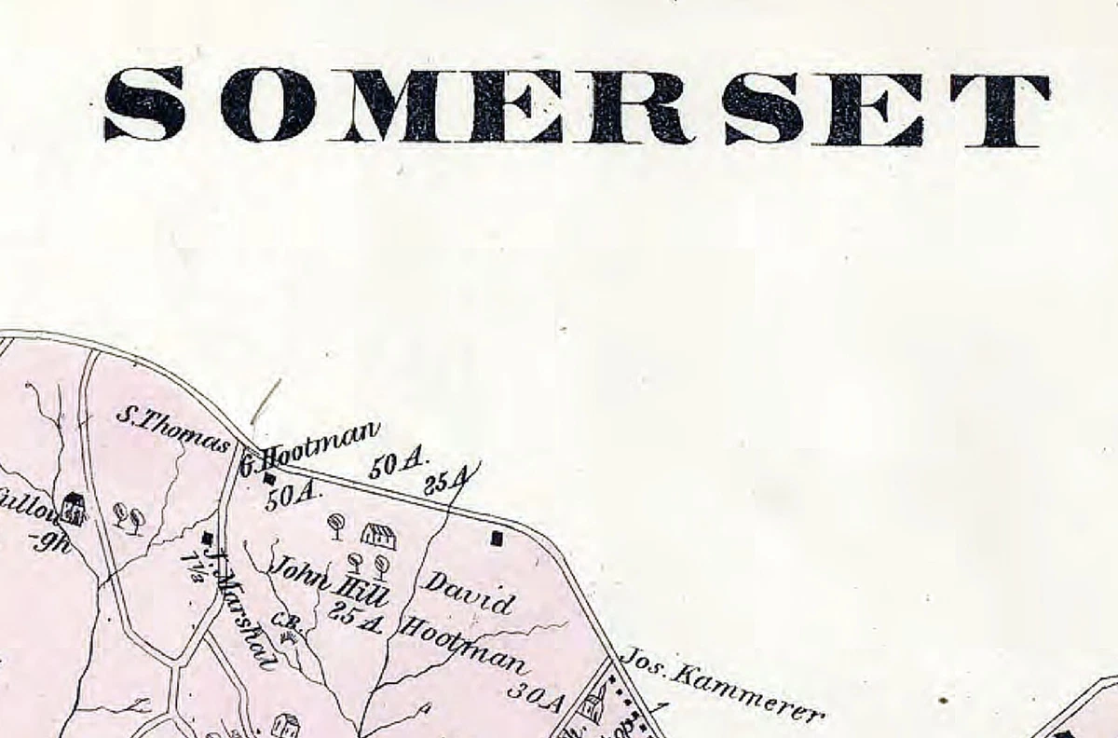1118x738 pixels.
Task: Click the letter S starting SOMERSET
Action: tap(143, 104)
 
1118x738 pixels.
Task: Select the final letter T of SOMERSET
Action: tap(1001, 110)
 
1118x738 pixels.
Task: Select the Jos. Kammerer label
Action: tap(721, 686)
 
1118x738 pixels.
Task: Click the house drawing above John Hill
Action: tap(377, 536)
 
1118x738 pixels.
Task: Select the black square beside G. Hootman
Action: tap(270, 479)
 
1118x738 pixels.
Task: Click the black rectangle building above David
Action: tap(497, 538)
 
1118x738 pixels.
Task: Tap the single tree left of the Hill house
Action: tap(336, 526)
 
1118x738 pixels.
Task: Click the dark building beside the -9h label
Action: tap(74, 509)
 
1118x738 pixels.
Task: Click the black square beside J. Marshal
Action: tap(207, 538)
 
